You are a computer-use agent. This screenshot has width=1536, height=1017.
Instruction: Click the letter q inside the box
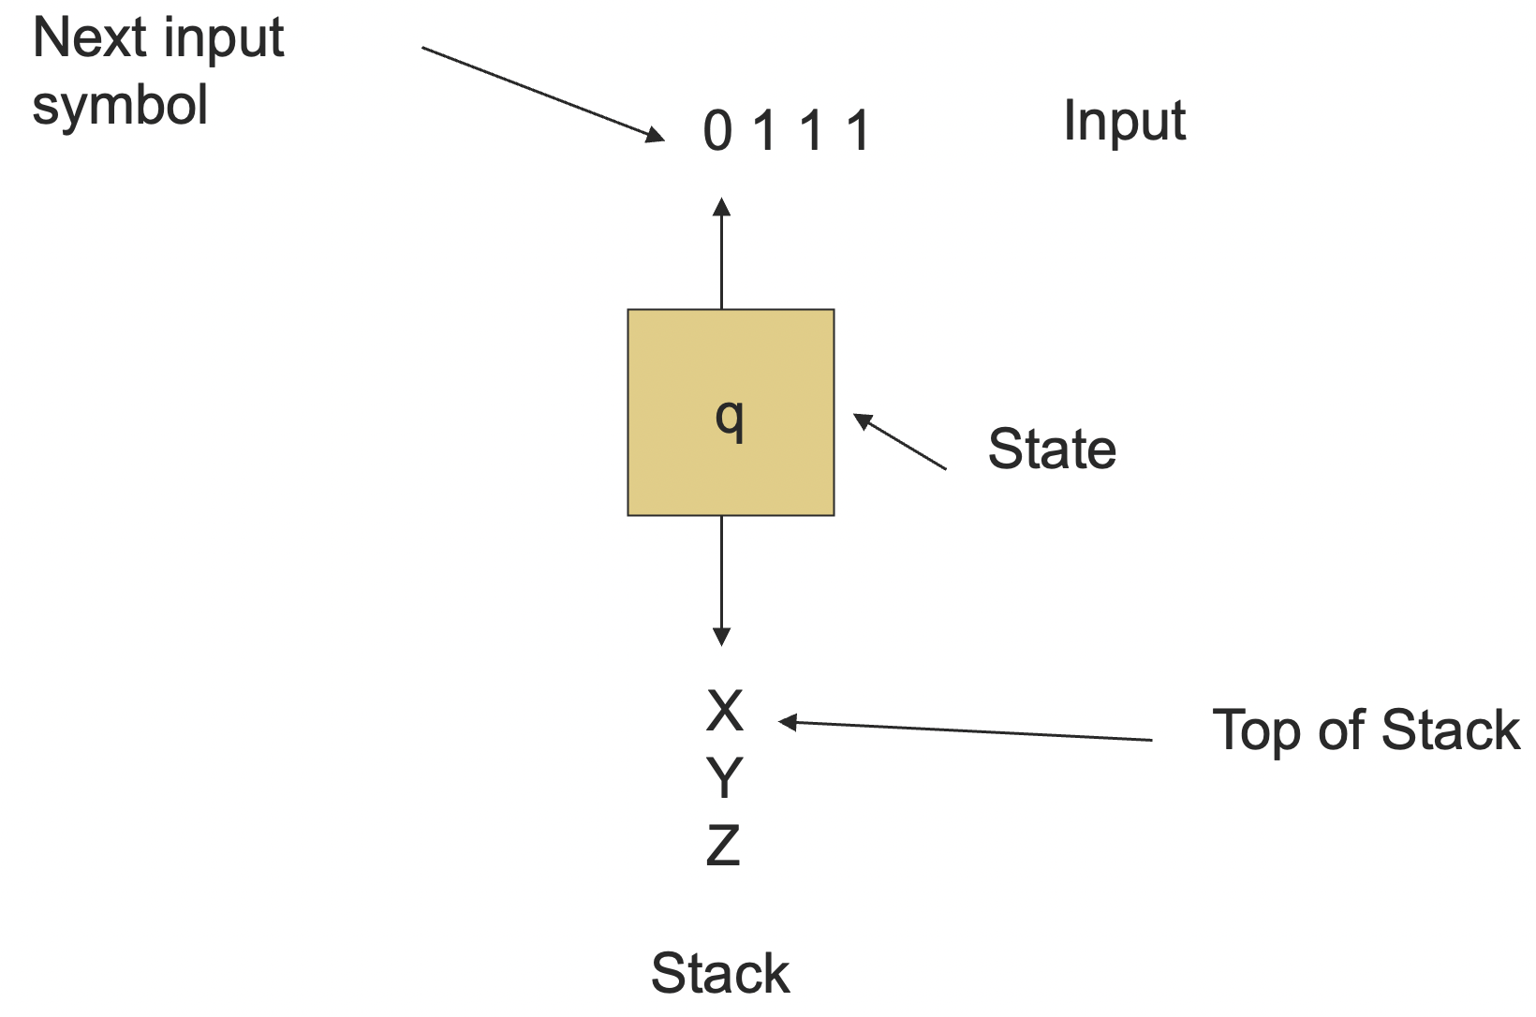click(730, 418)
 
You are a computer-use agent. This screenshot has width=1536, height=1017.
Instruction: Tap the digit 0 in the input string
click(717, 130)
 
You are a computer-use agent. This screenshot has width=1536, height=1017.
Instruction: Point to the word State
click(1052, 449)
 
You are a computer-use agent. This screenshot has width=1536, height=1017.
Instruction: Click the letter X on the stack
click(724, 711)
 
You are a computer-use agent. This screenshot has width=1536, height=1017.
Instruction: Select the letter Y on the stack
click(724, 777)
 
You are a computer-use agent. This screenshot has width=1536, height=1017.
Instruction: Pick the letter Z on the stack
click(723, 845)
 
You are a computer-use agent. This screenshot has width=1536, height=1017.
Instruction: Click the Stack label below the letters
click(719, 973)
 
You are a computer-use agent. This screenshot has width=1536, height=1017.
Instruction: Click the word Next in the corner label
click(90, 38)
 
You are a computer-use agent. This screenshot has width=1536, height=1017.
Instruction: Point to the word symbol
click(120, 106)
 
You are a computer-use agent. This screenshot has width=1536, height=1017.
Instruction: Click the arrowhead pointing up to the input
click(721, 205)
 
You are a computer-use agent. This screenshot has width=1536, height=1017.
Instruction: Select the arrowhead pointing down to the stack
click(721, 637)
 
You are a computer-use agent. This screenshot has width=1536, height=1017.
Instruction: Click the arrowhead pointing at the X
click(788, 722)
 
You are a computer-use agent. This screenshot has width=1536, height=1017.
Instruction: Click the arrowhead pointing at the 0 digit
click(655, 137)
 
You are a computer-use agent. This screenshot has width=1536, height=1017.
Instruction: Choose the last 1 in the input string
click(858, 130)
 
